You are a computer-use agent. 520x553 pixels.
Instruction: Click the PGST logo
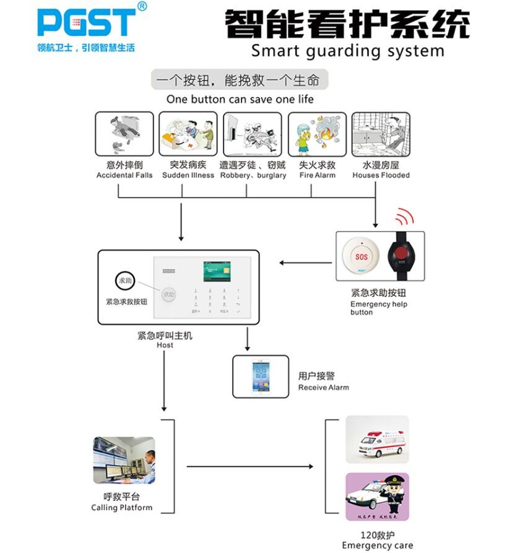pos(86,22)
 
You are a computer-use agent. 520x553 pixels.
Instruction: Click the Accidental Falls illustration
pos(124,134)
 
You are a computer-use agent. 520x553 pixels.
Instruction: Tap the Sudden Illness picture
pos(188,134)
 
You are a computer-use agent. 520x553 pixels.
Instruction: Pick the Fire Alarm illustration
pos(317,134)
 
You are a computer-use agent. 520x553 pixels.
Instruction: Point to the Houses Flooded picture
pos(381,134)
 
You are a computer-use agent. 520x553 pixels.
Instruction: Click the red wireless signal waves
pos(405,216)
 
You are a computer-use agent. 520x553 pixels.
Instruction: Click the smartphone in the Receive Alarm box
pos(261,377)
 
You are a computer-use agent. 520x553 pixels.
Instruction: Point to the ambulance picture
pos(377,440)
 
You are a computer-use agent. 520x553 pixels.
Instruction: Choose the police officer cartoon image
pos(377,496)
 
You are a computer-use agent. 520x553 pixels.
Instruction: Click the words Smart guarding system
pos(347,50)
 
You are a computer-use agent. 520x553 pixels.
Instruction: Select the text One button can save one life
pos(240,99)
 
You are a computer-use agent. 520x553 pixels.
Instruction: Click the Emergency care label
pos(377,546)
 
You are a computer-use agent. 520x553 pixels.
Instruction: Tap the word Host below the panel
pos(165,345)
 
